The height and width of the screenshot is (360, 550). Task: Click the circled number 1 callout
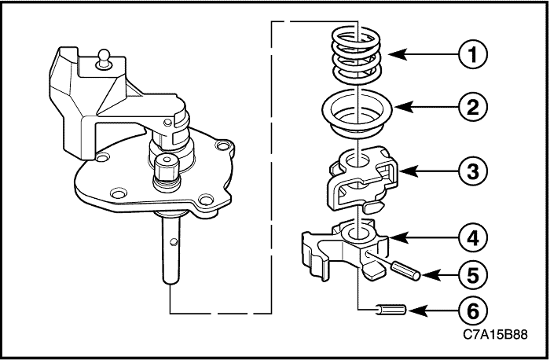(473, 55)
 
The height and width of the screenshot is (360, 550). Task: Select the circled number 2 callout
(473, 107)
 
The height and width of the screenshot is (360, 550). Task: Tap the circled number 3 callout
(473, 171)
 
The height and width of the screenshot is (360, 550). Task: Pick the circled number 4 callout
(473, 238)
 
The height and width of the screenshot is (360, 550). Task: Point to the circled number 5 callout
(473, 275)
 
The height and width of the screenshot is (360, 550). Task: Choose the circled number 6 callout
(473, 311)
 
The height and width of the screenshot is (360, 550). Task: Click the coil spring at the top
(356, 56)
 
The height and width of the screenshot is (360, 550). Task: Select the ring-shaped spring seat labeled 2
(357, 114)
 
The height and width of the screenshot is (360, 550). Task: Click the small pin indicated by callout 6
(391, 310)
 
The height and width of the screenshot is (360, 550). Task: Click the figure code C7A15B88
(495, 334)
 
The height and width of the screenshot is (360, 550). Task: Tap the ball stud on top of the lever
(104, 58)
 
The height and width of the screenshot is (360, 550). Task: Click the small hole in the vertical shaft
(173, 242)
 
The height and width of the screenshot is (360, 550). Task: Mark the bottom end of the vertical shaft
(170, 282)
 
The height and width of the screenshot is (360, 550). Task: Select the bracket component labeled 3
(364, 179)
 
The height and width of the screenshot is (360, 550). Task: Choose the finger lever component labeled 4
(346, 249)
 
